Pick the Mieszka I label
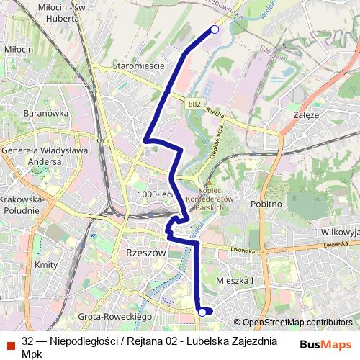235,280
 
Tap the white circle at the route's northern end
214,30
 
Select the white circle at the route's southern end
202,312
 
